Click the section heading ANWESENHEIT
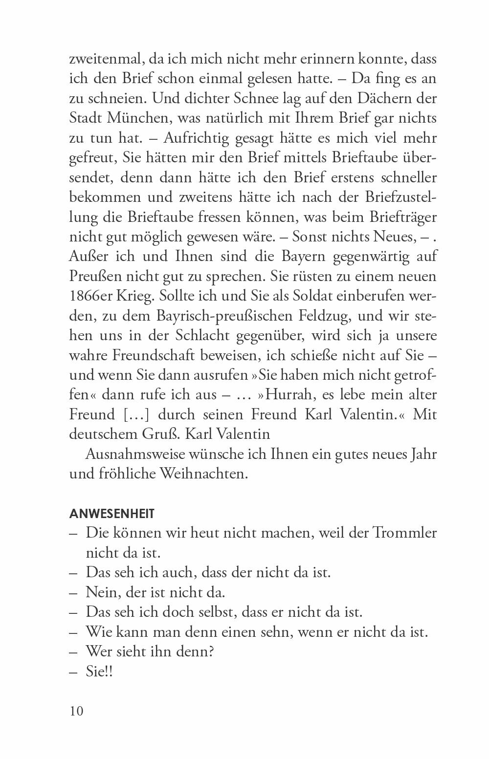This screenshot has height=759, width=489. (112, 514)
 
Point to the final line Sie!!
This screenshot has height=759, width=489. (99, 672)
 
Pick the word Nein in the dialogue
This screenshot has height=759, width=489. (101, 592)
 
